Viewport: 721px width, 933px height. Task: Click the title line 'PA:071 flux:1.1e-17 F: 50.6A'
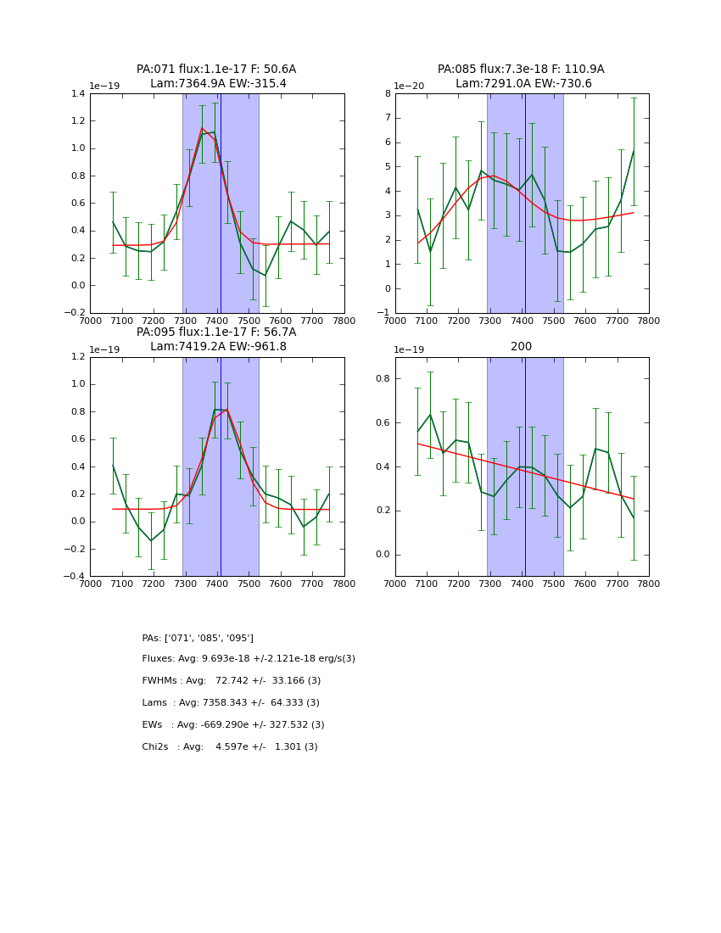point(216,70)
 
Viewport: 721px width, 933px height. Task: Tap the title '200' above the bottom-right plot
point(521,347)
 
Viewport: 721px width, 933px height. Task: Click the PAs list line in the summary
point(198,638)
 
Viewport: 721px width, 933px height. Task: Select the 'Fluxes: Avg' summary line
point(249,659)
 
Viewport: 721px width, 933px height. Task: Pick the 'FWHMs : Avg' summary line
point(232,681)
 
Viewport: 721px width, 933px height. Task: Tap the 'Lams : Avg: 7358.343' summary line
point(231,703)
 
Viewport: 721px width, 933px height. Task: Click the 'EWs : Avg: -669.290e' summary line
point(233,725)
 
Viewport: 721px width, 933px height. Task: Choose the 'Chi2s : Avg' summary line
point(230,747)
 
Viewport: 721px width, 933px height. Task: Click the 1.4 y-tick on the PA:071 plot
point(77,93)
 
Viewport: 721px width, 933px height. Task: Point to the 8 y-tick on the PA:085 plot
point(387,93)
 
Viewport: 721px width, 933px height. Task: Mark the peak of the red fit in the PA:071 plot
point(202,128)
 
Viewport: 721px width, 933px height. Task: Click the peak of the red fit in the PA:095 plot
point(226,410)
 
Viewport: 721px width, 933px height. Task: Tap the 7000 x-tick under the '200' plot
point(395,584)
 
